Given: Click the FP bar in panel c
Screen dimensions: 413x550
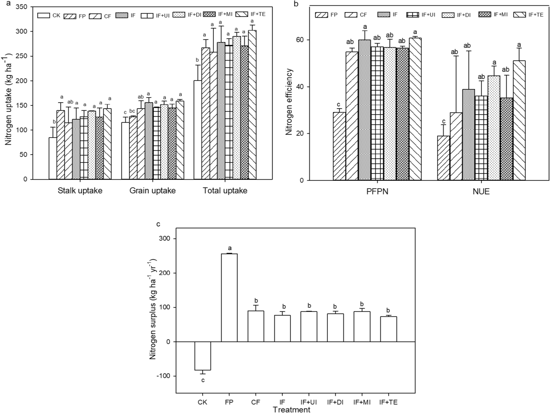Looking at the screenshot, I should [229, 298].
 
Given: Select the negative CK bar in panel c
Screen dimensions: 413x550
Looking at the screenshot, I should [203, 356].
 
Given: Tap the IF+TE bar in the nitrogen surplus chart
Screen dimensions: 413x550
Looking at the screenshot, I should [388, 329].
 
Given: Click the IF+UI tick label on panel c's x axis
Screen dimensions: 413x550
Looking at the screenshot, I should [309, 402].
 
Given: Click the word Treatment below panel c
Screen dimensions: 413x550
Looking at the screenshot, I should [291, 410].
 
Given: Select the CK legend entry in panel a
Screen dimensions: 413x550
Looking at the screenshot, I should [49, 16].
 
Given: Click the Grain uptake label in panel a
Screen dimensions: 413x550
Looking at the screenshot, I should [152, 191].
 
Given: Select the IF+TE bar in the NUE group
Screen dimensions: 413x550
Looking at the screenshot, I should [519, 120].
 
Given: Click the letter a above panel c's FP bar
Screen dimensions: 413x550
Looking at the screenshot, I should [230, 248].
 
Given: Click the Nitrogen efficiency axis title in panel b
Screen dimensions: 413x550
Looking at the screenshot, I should [289, 102].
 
